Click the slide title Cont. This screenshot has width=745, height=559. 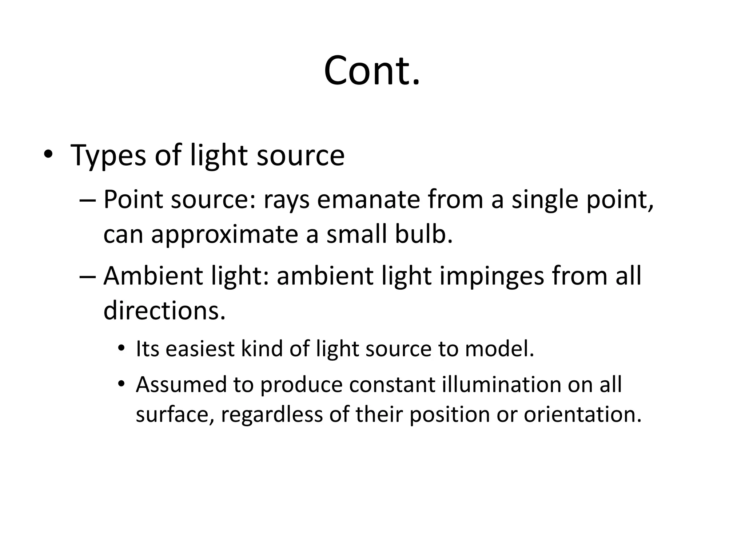click(372, 71)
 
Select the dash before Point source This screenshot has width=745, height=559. click(87, 201)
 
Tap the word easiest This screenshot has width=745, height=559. click(200, 349)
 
